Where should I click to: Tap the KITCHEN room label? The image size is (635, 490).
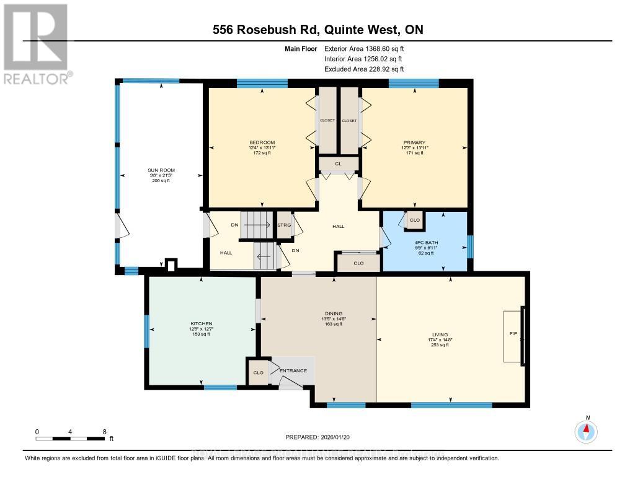tap(201, 324)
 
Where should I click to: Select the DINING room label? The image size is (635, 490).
tap(332, 313)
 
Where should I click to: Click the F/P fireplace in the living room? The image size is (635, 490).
tap(514, 334)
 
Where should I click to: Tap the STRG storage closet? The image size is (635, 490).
tap(284, 225)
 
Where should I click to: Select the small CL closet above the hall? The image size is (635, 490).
tap(338, 164)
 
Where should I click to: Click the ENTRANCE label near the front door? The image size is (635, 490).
tap(293, 370)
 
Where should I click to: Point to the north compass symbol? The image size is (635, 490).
tap(586, 430)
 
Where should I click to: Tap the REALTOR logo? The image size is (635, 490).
tap(35, 43)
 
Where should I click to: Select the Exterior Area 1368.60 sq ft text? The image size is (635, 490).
tap(365, 48)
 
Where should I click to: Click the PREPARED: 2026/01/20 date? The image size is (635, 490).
tap(317, 436)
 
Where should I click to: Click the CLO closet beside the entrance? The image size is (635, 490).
tap(258, 373)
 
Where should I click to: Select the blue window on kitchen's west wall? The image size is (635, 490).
tap(147, 331)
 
